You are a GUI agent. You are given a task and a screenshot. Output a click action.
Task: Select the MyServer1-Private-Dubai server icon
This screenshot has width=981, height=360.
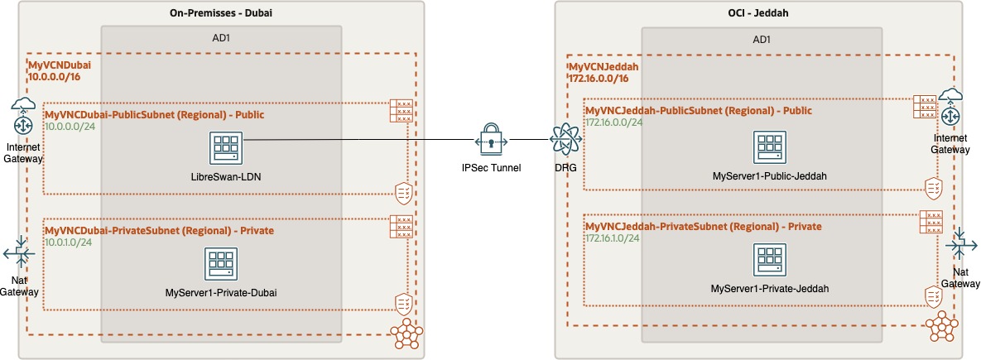pyautogui.click(x=221, y=263)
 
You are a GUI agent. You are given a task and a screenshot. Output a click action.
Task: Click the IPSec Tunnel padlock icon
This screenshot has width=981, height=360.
pyautogui.click(x=491, y=140)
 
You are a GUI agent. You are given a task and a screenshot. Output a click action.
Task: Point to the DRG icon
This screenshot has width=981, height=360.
pyautogui.click(x=565, y=140)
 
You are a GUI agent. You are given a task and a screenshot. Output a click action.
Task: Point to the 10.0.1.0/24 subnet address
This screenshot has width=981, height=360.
pyautogui.click(x=70, y=242)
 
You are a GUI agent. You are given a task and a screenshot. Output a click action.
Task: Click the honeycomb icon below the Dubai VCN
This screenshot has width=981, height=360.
pyautogui.click(x=404, y=334)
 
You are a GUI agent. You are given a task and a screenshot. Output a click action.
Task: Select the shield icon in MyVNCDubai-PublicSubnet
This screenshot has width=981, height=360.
pyautogui.click(x=403, y=194)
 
